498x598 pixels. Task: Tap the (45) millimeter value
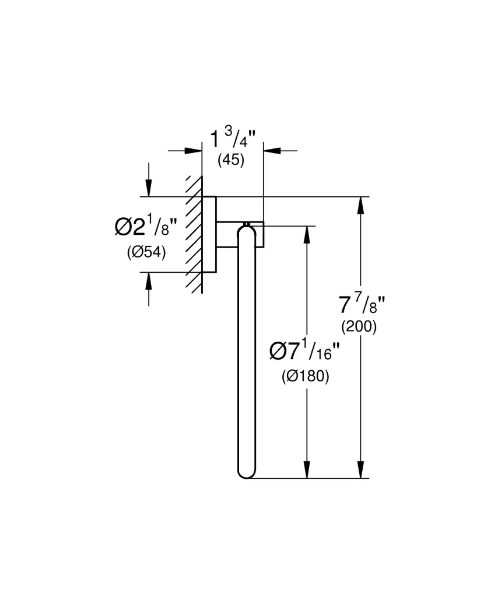231,160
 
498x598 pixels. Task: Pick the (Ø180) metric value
305,377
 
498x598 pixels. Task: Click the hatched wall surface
194,234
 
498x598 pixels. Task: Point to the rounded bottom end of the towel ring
246,472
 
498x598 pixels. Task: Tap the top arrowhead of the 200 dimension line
362,206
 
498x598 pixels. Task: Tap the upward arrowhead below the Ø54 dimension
149,281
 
